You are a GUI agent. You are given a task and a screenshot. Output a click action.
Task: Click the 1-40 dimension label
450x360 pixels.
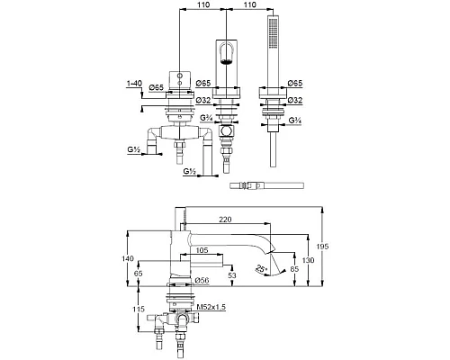(x=134, y=84)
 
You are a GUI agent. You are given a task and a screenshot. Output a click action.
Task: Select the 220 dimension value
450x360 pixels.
(x=225, y=220)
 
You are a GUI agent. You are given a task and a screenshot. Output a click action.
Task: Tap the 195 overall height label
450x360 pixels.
(x=322, y=247)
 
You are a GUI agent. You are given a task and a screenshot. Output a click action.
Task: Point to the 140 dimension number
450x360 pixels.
(x=128, y=258)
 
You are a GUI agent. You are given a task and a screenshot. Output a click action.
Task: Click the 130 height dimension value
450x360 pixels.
(x=308, y=260)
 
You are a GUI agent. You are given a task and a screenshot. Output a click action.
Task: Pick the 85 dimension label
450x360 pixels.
(x=294, y=269)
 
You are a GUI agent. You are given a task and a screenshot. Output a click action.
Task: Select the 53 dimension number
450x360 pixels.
(x=232, y=275)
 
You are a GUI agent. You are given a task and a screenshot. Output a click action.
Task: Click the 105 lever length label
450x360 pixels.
(x=202, y=250)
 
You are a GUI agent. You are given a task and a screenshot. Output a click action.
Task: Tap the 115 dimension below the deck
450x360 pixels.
(x=139, y=309)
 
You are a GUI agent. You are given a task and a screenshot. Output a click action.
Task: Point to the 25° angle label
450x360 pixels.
(x=261, y=268)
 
